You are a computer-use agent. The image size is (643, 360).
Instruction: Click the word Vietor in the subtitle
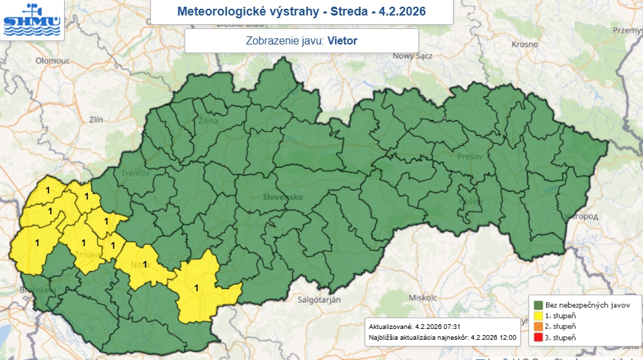coord(342,40)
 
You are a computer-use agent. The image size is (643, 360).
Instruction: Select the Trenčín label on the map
coord(135,173)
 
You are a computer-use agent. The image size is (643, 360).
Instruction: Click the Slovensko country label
coord(282,197)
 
